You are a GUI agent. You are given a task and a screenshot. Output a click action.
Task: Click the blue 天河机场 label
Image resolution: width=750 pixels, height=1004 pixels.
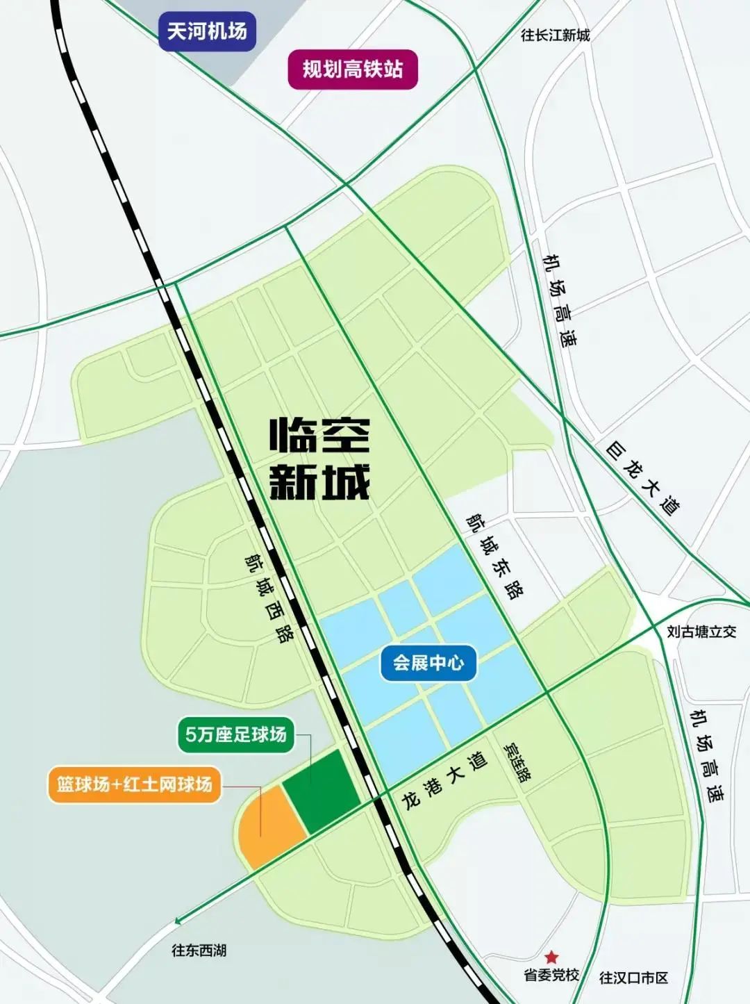pyautogui.click(x=207, y=31)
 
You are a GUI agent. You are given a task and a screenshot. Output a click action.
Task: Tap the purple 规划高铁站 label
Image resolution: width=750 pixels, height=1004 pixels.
pyautogui.click(x=353, y=69)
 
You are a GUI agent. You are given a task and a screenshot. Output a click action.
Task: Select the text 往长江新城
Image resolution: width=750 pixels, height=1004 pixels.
pyautogui.click(x=555, y=35)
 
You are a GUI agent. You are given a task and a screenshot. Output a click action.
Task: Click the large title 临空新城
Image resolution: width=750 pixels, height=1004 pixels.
pyautogui.click(x=319, y=459)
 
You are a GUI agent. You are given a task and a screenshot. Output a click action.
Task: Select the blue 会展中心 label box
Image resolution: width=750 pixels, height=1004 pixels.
pyautogui.click(x=428, y=662)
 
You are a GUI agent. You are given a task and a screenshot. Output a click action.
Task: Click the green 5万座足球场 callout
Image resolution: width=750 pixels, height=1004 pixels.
pyautogui.click(x=236, y=734)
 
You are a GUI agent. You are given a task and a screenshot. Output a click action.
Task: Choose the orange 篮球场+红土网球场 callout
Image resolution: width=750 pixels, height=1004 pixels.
pyautogui.click(x=134, y=784)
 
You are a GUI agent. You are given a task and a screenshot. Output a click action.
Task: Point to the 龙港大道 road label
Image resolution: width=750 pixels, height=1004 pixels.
pyautogui.click(x=444, y=780)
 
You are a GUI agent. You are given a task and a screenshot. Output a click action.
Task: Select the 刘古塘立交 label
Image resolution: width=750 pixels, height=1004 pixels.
pyautogui.click(x=701, y=632)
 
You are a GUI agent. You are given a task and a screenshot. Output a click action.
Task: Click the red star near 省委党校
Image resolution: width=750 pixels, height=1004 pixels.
pyautogui.click(x=551, y=957)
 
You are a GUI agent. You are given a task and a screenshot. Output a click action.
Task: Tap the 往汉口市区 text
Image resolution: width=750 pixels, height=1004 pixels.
pyautogui.click(x=633, y=978)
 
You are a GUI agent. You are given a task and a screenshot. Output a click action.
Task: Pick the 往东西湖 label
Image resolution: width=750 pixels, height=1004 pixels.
pyautogui.click(x=199, y=950)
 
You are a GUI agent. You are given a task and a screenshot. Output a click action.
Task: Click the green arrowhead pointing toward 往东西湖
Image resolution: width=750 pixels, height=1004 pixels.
pyautogui.click(x=179, y=921)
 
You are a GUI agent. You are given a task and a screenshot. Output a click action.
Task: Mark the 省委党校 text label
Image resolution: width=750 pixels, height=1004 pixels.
pyautogui.click(x=551, y=975)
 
